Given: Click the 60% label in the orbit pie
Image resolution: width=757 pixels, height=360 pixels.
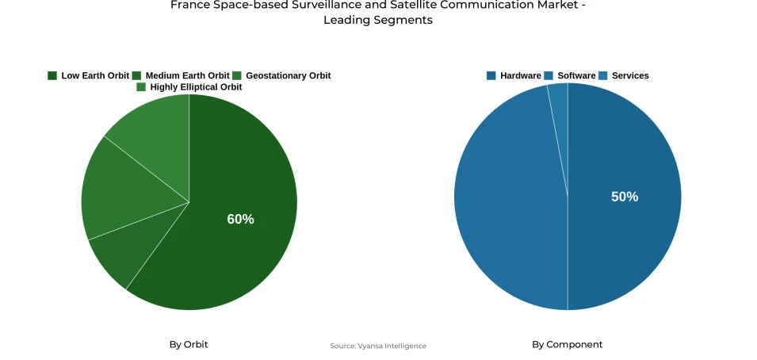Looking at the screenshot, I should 240,220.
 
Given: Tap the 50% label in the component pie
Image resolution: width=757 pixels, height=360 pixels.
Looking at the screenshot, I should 624,197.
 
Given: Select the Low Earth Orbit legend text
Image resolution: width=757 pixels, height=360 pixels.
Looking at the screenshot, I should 95,76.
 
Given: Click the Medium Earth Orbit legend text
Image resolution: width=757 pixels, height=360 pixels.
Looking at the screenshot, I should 187,76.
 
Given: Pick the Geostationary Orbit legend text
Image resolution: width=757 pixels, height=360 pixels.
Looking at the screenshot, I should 288,76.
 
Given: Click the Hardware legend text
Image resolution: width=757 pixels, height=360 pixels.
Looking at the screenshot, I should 520,76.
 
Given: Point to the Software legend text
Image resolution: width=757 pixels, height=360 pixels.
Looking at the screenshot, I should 576,76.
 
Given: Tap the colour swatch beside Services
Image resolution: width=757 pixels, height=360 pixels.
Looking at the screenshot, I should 603,76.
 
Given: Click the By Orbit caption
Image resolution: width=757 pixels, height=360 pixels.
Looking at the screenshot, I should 189,345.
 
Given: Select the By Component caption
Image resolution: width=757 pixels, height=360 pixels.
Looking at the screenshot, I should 567,345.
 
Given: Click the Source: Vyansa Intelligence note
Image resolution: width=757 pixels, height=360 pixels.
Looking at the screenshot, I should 378,347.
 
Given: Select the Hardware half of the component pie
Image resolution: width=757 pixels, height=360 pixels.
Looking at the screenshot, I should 626,238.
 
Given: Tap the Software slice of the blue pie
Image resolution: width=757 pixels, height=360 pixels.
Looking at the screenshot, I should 507,206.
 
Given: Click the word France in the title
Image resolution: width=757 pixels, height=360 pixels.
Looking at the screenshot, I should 189,6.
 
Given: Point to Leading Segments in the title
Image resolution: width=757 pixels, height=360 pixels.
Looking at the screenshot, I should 378,21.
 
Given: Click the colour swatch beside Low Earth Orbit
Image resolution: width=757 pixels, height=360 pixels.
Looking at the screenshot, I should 52,76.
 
